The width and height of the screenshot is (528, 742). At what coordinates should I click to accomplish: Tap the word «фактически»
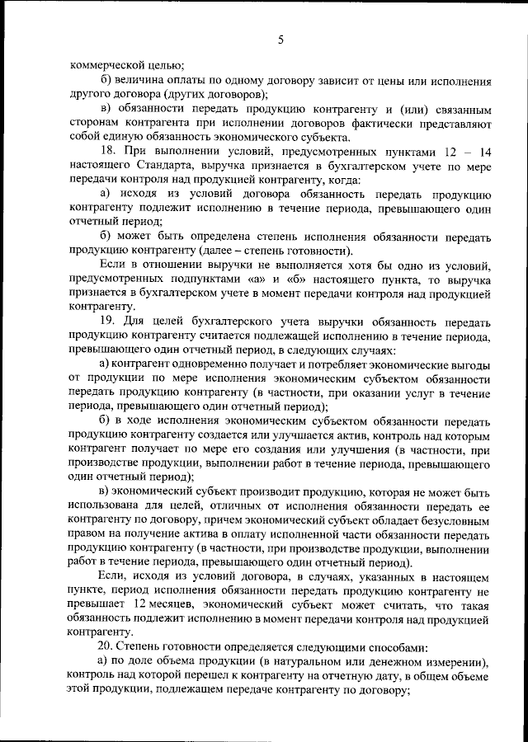point(400,124)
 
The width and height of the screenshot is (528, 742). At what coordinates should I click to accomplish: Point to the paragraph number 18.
point(110,152)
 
